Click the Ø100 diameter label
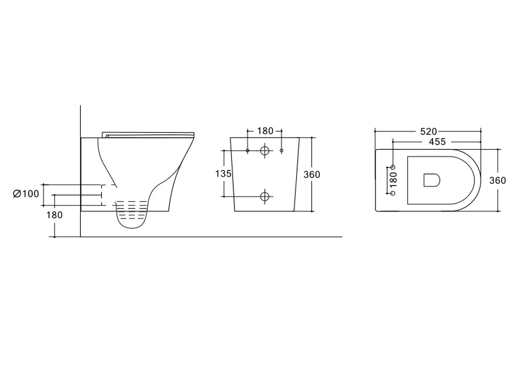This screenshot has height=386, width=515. click(x=26, y=194)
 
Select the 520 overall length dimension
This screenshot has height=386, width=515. click(x=428, y=132)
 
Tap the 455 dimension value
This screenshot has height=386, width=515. click(x=437, y=142)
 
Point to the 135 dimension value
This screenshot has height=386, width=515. click(x=224, y=173)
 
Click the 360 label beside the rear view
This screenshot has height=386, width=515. click(x=312, y=174)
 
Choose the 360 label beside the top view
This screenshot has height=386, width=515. click(x=497, y=181)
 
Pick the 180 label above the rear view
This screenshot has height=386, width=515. click(x=265, y=131)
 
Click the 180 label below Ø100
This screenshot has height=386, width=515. click(x=55, y=215)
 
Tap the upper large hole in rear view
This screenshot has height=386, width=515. click(x=265, y=151)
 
